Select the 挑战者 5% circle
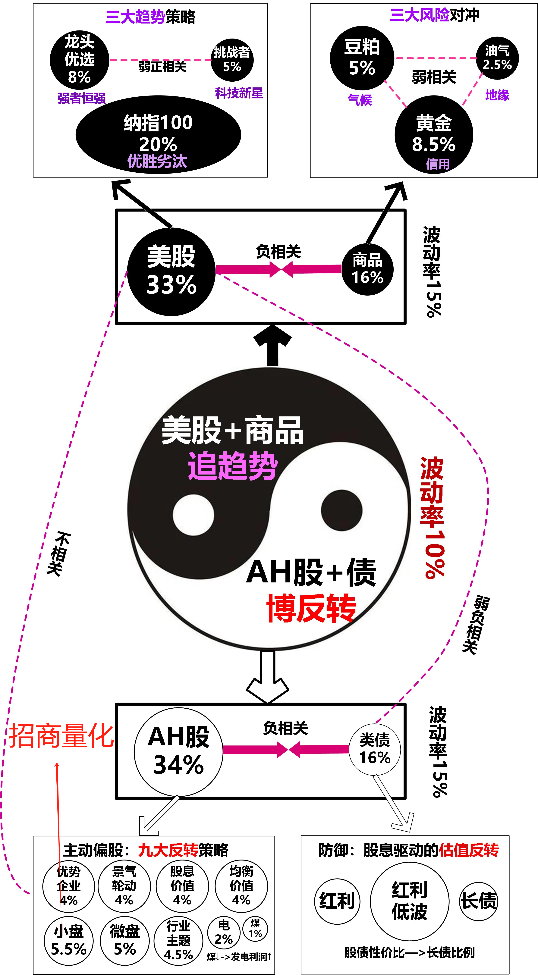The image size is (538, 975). [232, 60]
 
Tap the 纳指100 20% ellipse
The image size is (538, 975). [158, 134]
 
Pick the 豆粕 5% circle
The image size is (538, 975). [362, 58]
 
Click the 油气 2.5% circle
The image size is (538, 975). [497, 58]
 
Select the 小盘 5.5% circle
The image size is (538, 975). [68, 941]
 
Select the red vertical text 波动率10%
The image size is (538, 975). [432, 518]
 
